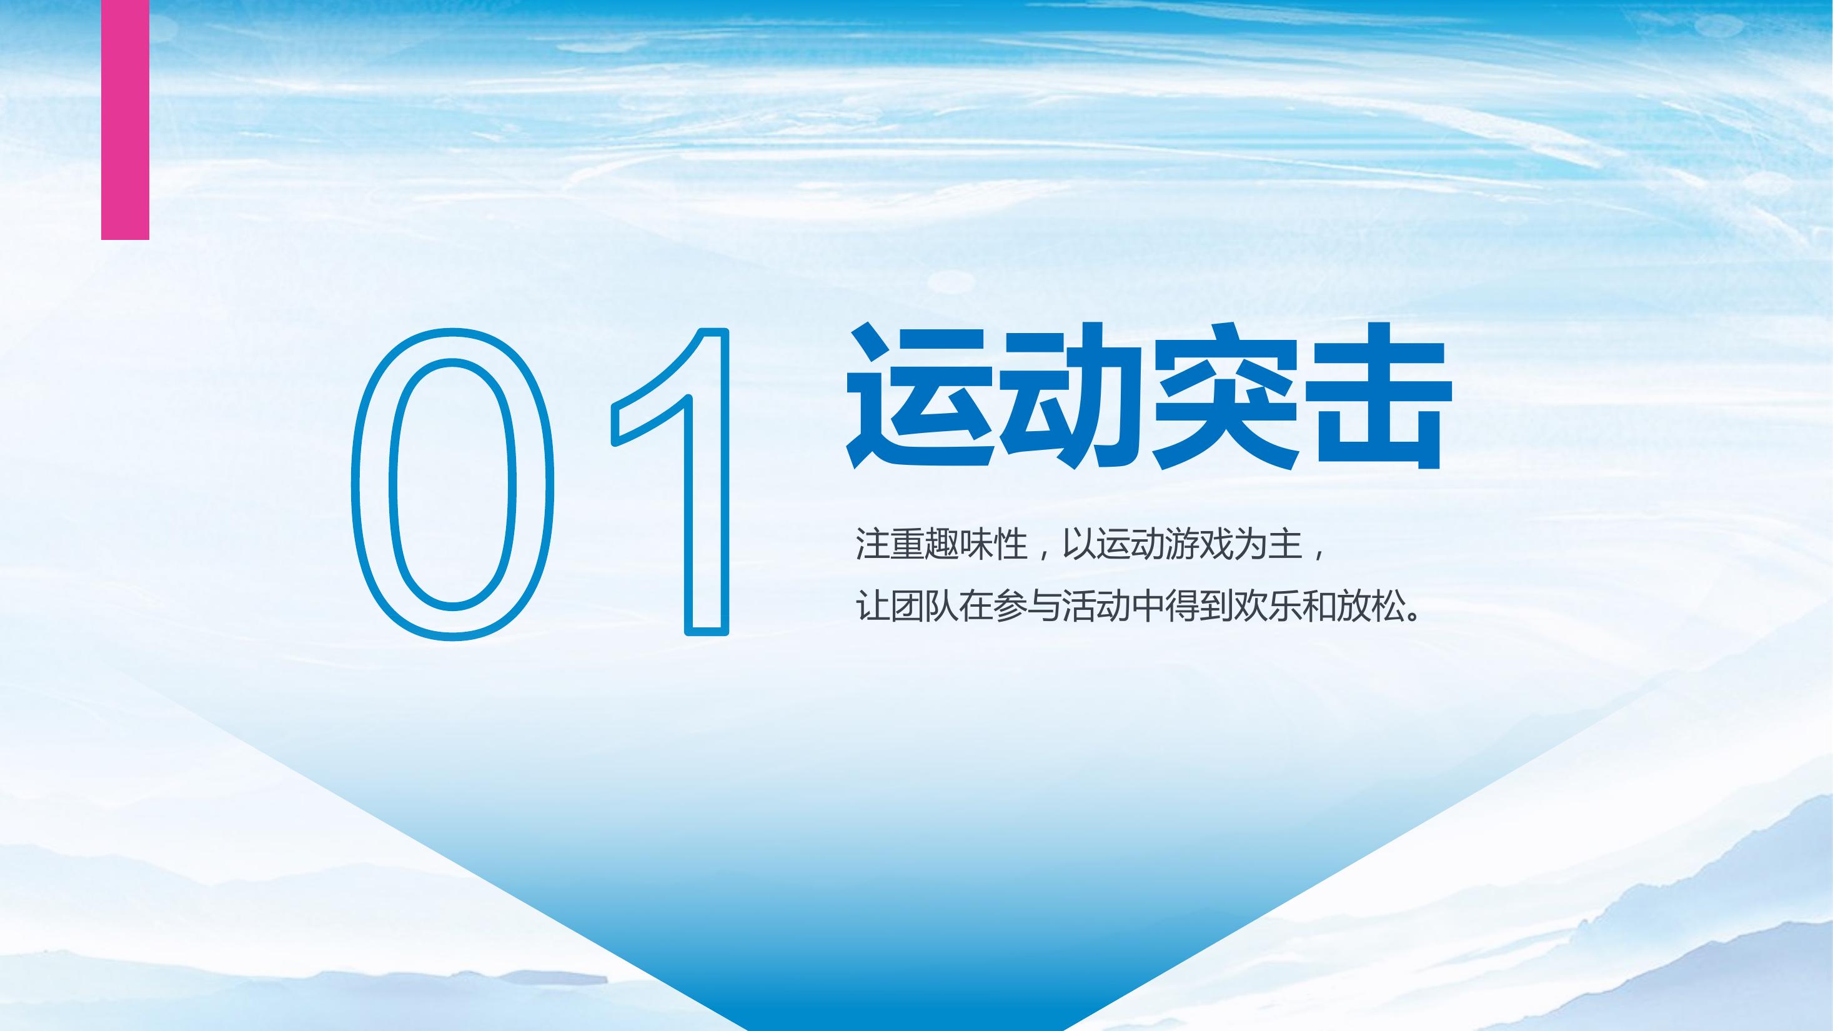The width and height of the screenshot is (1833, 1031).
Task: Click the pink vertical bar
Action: [x=125, y=119]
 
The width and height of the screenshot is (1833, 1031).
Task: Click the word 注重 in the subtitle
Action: [x=890, y=544]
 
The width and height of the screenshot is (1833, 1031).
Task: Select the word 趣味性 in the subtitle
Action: [x=976, y=544]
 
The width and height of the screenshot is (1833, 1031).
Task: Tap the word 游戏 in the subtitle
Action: [x=1199, y=544]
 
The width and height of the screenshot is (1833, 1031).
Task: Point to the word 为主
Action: [x=1268, y=544]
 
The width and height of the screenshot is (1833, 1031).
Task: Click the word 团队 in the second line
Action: [x=925, y=607]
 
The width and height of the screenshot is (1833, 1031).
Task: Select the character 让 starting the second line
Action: [x=873, y=607]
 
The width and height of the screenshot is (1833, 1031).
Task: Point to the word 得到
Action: [x=1198, y=607]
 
